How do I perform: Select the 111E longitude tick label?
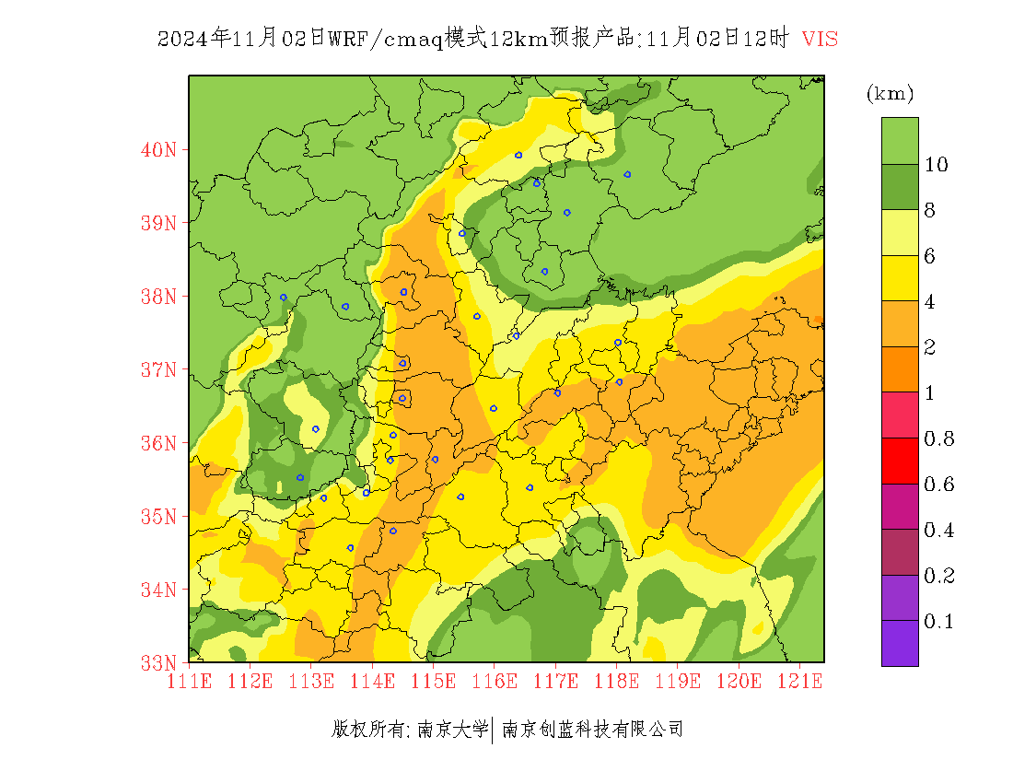[x=190, y=682]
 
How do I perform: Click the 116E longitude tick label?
[x=495, y=682]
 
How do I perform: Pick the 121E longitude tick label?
[x=799, y=682]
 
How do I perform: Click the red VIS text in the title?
[x=820, y=40]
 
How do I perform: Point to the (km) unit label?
[x=890, y=94]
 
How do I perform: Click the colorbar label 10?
[x=937, y=165]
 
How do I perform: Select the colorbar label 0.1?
[x=939, y=622]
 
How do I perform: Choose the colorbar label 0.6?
[x=939, y=485]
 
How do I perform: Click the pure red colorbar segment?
[x=900, y=462]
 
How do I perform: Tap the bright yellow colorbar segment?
[x=900, y=278]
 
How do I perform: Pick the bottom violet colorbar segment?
[x=900, y=643]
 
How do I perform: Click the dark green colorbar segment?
[x=900, y=187]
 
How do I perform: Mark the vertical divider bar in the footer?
[x=495, y=730]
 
